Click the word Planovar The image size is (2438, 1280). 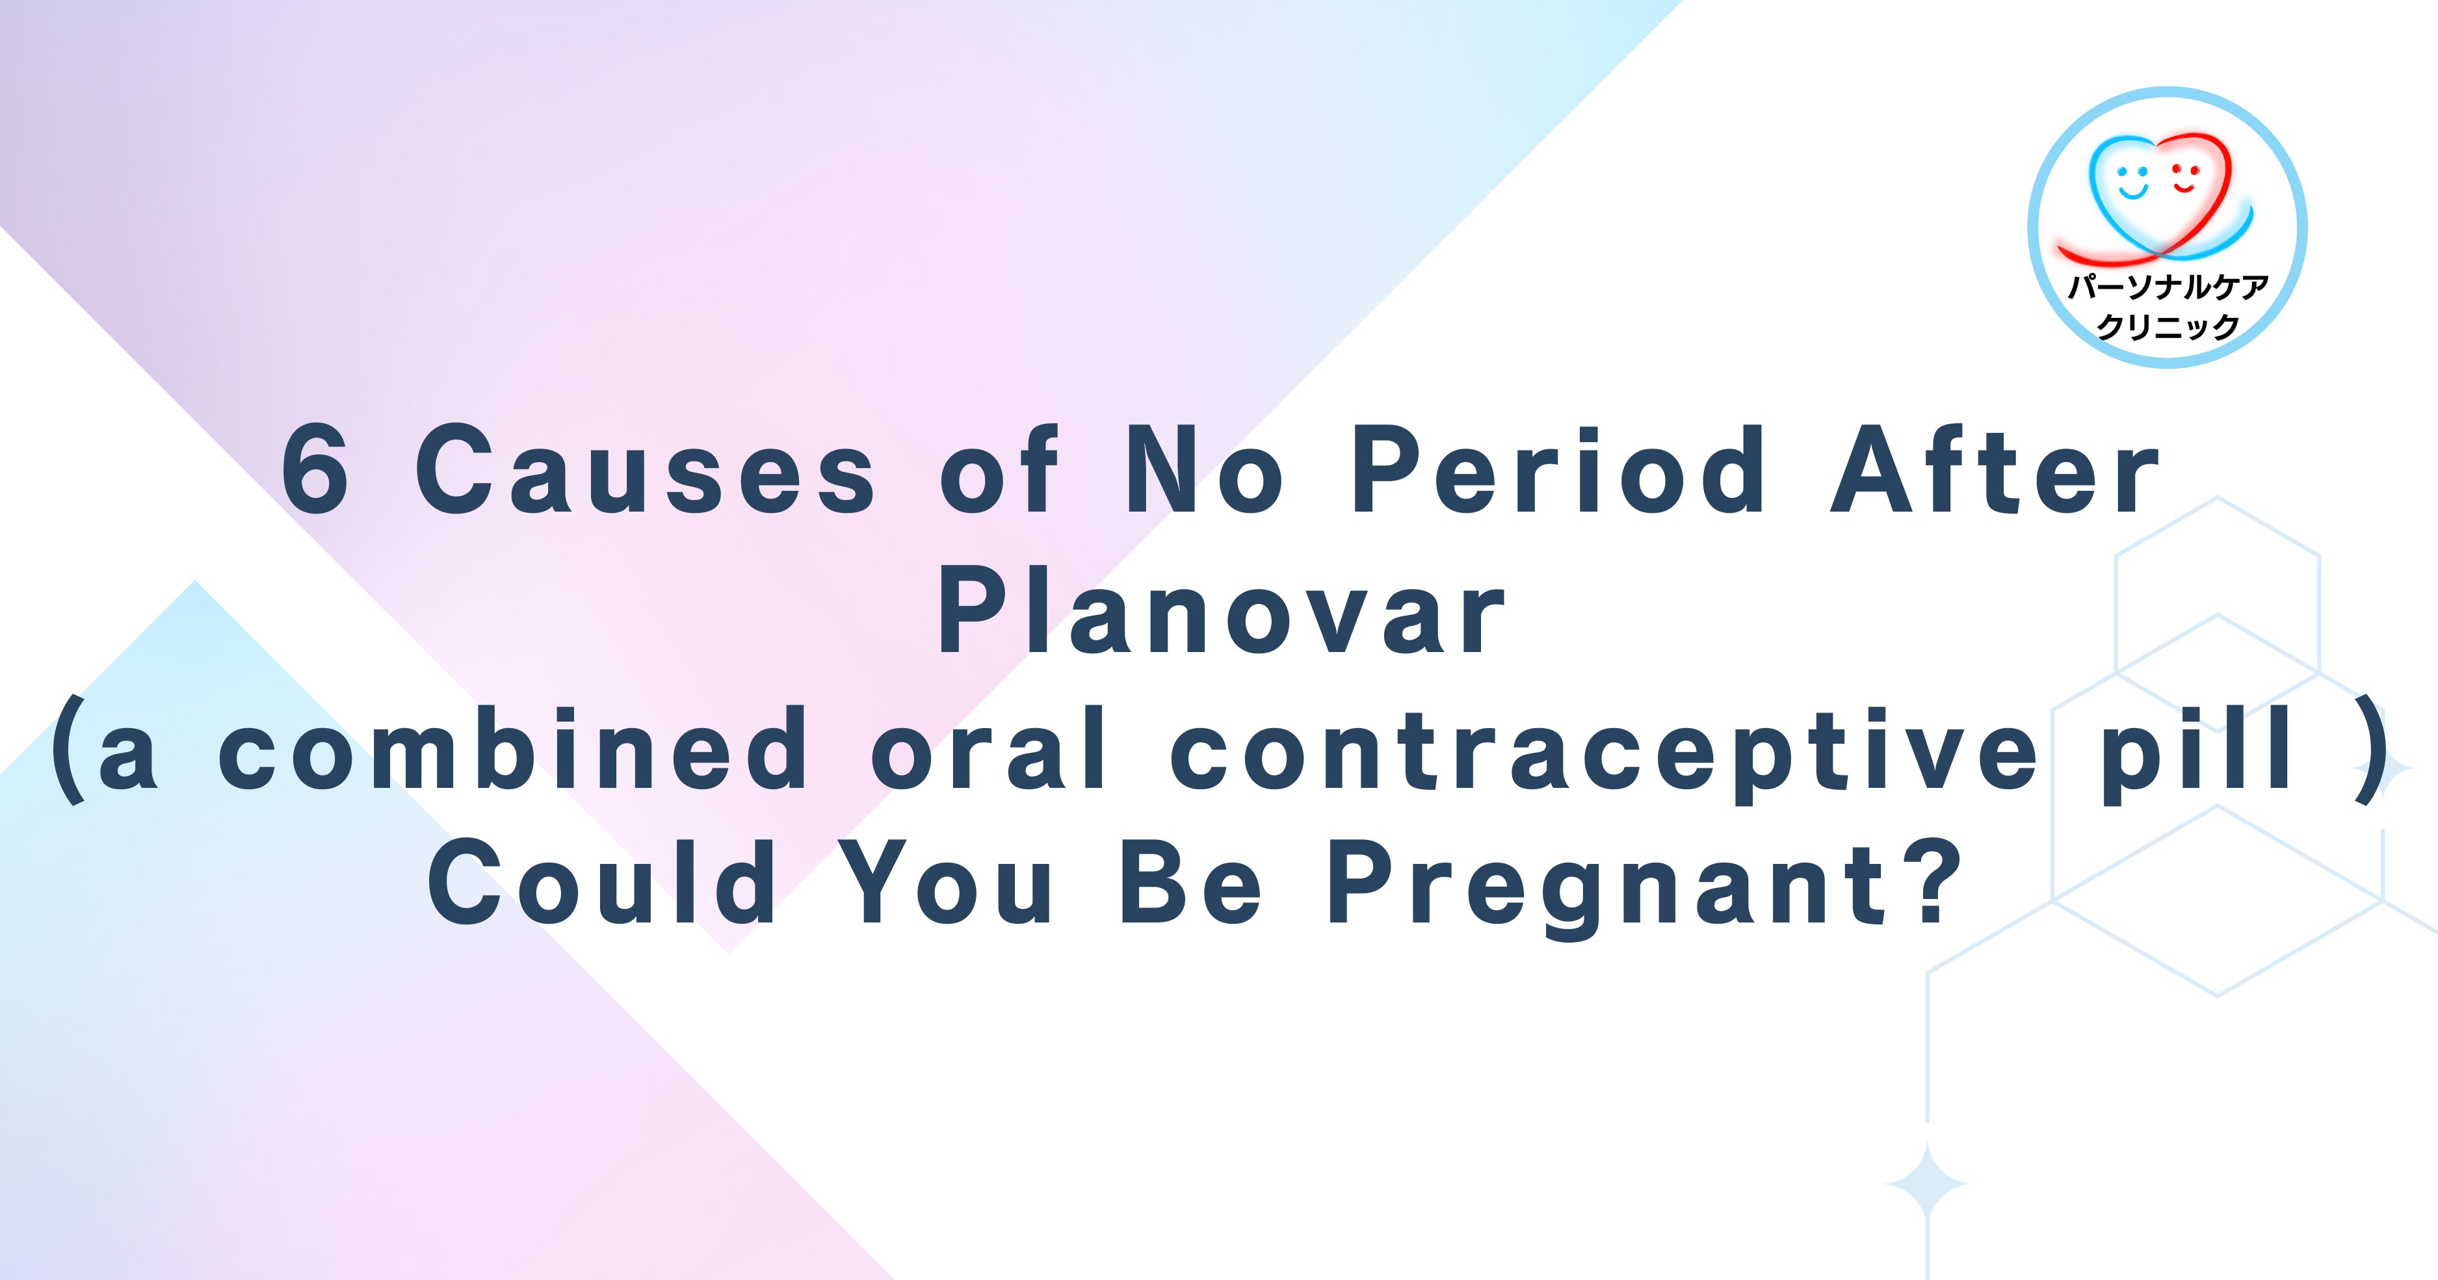point(1221,610)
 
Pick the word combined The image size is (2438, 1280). point(512,750)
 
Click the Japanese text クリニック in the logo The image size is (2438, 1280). point(2168,326)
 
